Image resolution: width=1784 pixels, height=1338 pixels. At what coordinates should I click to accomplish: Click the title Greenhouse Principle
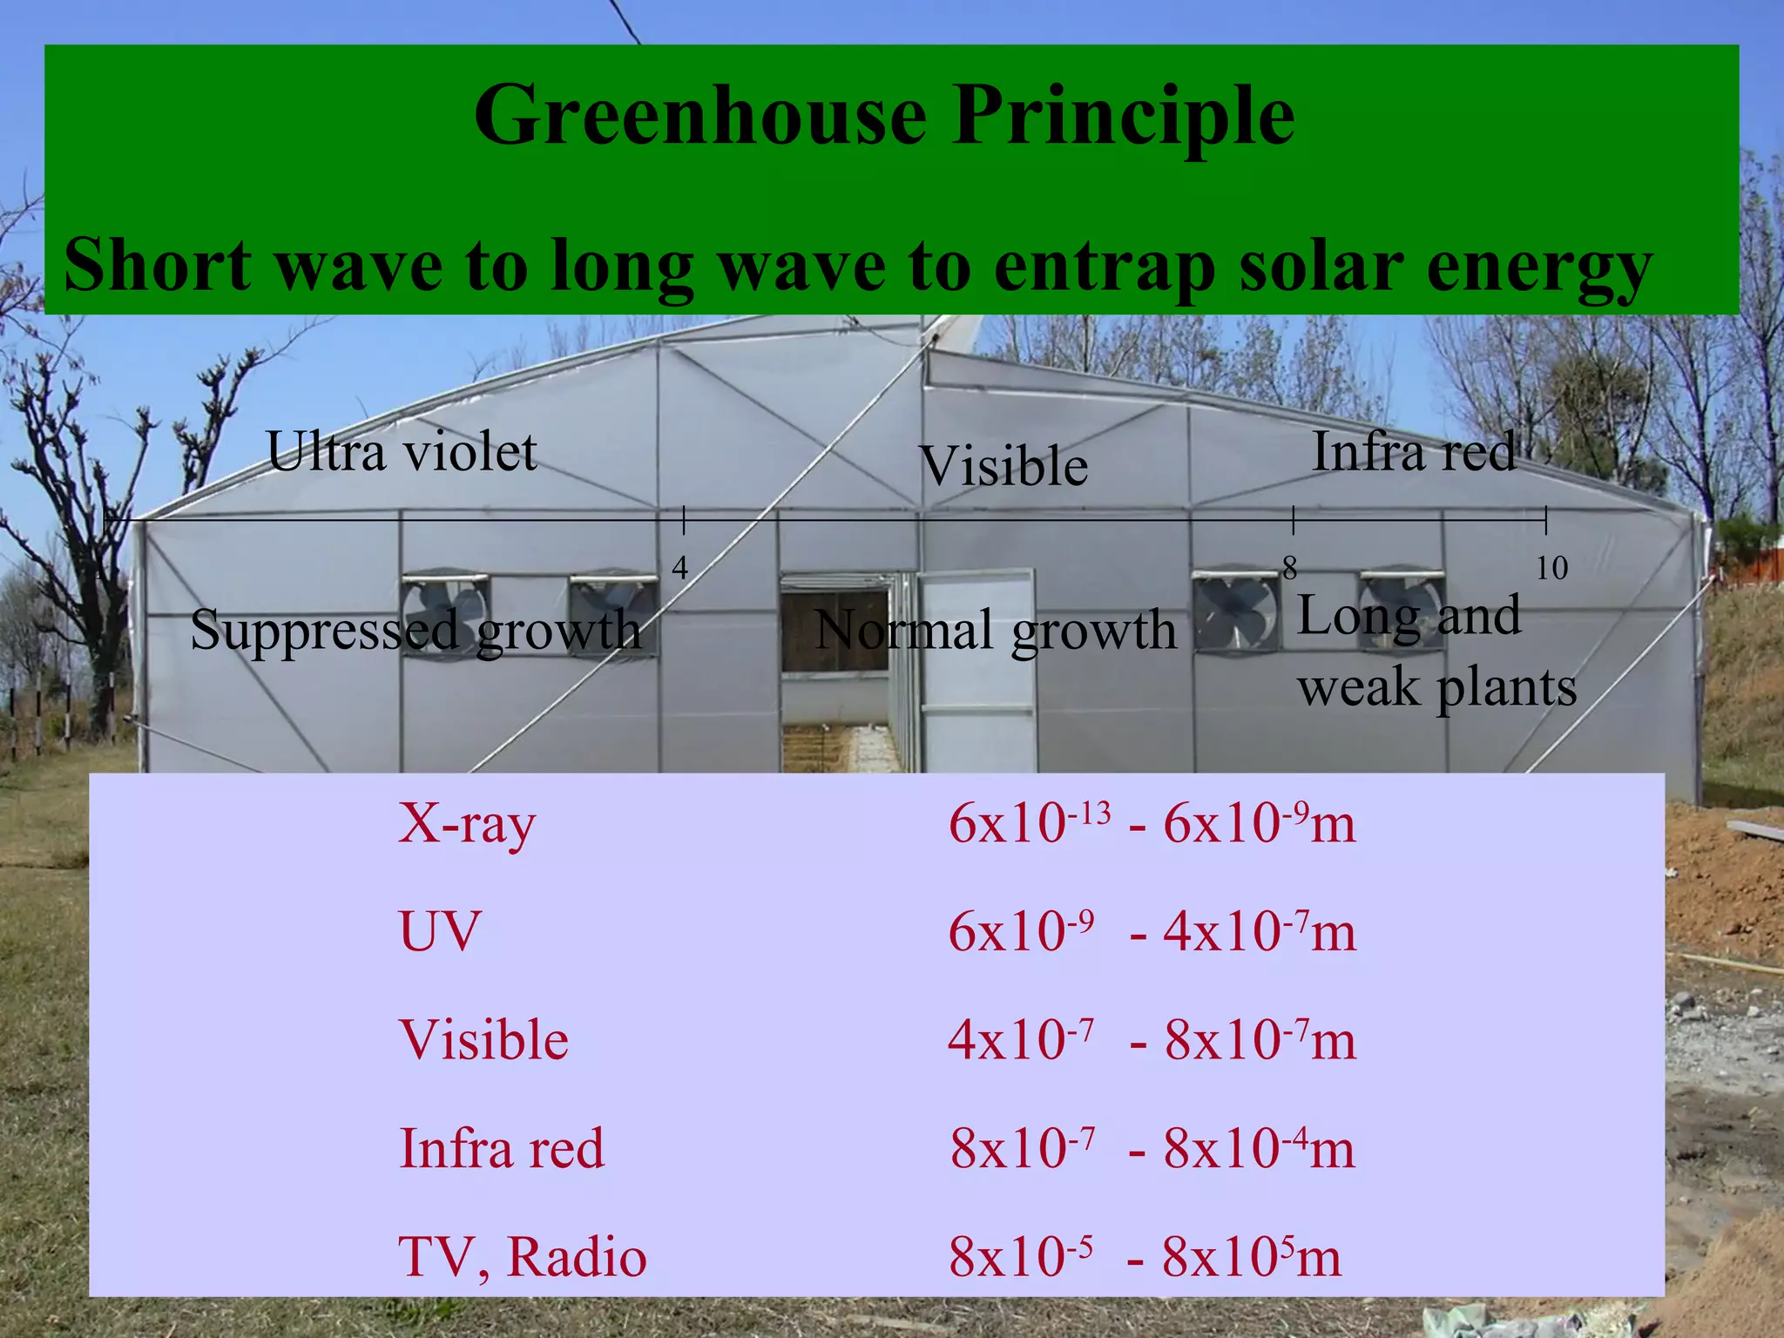pos(884,115)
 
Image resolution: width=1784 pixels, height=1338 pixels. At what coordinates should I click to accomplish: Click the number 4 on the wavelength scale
pos(680,568)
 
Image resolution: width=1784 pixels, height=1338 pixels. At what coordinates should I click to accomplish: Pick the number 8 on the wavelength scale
pos(1290,568)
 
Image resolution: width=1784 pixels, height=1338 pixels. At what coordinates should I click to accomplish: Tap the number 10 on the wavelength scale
pos(1551,568)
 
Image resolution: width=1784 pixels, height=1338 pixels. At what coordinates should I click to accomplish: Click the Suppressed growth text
pos(416,630)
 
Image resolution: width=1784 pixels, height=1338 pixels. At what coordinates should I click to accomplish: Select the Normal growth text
pos(995,630)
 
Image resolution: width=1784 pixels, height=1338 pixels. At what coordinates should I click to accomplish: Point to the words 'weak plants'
pos(1437,688)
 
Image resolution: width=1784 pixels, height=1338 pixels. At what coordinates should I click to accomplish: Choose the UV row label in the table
pos(439,931)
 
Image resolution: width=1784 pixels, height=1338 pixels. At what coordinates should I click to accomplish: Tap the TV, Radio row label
pos(523,1256)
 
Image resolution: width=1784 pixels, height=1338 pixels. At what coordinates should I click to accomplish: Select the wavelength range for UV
pos(1152,931)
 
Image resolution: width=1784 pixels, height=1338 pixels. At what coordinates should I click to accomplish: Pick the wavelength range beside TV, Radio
pos(1145,1256)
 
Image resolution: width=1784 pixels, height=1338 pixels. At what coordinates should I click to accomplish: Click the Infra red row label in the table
pos(502,1148)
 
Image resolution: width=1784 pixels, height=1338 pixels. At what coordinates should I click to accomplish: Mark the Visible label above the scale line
pos(1003,466)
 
